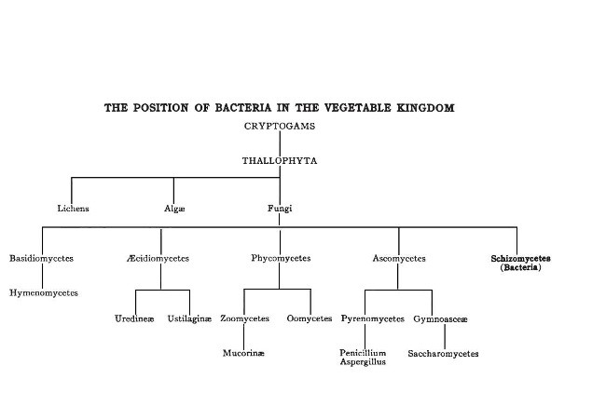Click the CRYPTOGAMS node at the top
point(280,126)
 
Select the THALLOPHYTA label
point(280,161)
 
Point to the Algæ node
point(174,209)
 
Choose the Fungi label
point(280,209)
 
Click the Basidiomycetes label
point(41,258)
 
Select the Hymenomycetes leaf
point(44,293)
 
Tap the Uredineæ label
point(136,319)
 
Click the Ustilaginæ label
point(189,319)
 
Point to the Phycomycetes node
point(281,258)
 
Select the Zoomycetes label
point(244,319)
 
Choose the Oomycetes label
point(310,319)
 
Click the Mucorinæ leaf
point(243,354)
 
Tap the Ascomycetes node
point(398,258)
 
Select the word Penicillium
point(364,353)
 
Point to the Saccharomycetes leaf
point(444,354)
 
